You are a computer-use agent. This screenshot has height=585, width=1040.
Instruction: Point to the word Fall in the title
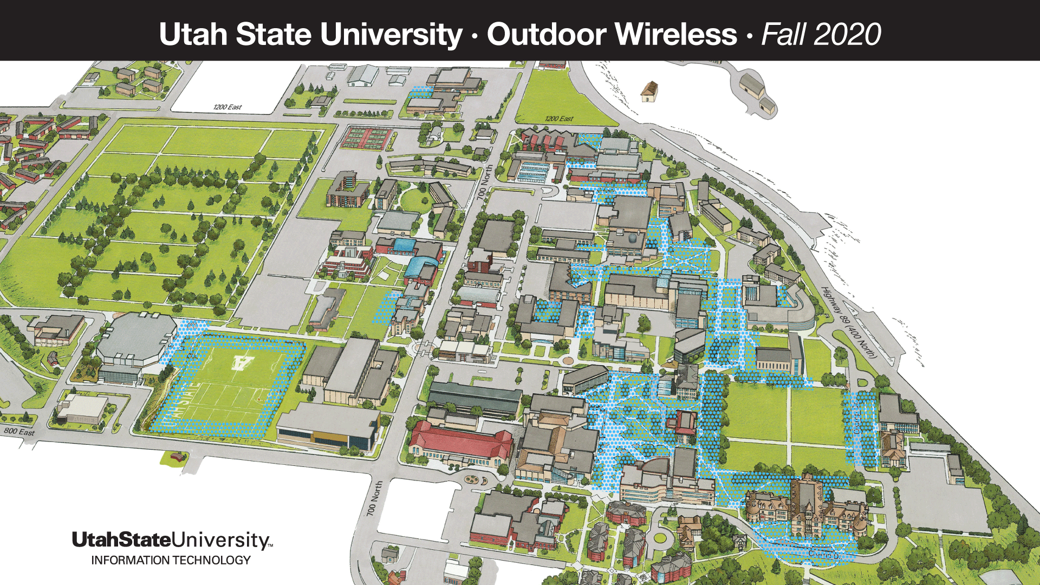(x=784, y=34)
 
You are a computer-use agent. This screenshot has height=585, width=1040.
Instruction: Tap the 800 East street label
(x=19, y=432)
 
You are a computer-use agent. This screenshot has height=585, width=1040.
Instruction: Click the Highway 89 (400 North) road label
(x=848, y=322)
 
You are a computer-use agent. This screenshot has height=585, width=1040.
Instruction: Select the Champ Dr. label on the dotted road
(x=823, y=554)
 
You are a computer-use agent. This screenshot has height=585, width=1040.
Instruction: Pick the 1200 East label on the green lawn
(x=559, y=119)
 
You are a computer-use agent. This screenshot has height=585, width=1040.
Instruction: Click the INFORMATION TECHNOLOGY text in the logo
(x=171, y=560)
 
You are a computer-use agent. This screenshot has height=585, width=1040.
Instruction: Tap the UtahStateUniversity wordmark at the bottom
(x=172, y=539)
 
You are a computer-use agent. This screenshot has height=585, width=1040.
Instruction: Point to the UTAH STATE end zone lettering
(x=180, y=404)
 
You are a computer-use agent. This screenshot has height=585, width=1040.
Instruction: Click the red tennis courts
(x=366, y=138)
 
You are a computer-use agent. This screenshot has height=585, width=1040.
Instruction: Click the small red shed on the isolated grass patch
(x=177, y=457)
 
